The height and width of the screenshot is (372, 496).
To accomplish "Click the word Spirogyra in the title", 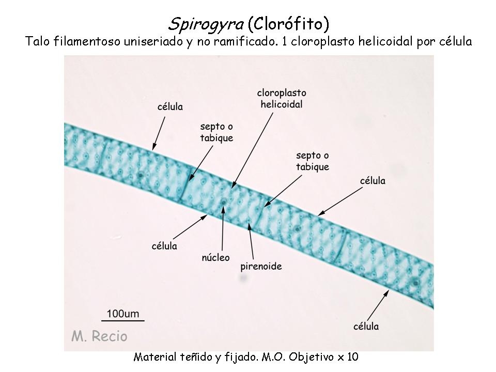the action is [206, 24].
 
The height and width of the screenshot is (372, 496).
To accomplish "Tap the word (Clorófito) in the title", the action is [288, 24].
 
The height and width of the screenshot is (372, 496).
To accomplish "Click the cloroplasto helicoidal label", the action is [282, 98].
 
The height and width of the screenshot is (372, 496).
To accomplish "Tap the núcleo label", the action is [216, 257].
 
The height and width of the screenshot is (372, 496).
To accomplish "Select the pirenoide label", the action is [261, 267].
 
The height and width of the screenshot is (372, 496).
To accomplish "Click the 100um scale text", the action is [123, 314].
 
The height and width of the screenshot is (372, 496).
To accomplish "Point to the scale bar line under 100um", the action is [123, 321].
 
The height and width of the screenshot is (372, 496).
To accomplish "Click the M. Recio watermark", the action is [99, 336].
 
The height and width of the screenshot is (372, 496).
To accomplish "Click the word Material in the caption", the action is [155, 357].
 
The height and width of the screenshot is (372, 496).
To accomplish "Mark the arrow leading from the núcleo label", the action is [223, 228].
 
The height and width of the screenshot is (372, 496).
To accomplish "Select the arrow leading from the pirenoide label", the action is [251, 241].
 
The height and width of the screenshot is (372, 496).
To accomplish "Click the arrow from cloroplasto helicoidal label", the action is [252, 150].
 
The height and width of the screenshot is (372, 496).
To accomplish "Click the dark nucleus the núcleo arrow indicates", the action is [224, 202].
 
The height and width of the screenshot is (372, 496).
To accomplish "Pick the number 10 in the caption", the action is [353, 357].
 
